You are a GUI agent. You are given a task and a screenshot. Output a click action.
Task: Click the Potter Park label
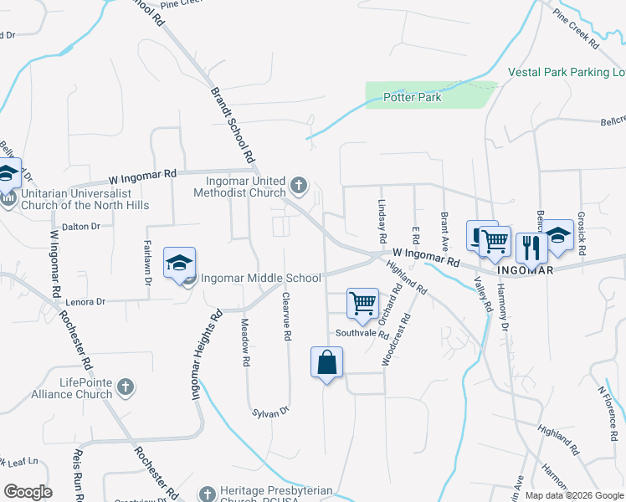tap(412, 98)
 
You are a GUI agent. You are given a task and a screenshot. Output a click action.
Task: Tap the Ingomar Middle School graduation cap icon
tap(179, 264)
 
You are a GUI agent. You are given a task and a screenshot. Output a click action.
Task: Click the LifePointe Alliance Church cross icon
tap(125, 387)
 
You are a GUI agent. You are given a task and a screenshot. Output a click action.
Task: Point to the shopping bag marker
tap(326, 363)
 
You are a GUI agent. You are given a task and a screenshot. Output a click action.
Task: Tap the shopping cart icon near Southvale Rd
tap(362, 303)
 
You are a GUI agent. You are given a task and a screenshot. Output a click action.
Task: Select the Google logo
tap(28, 491)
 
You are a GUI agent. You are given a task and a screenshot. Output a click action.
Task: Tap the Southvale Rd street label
tap(362, 333)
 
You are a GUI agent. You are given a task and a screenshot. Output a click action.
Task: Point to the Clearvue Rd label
tap(286, 316)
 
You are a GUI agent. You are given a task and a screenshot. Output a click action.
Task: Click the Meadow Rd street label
tap(246, 345)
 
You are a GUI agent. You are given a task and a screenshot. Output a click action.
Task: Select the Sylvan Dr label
tap(270, 411)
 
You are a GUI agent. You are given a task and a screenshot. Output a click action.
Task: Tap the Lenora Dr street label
tap(84, 301)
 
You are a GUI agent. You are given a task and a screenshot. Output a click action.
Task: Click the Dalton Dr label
tap(81, 226)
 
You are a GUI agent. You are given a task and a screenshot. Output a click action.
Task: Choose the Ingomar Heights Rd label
tap(207, 352)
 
